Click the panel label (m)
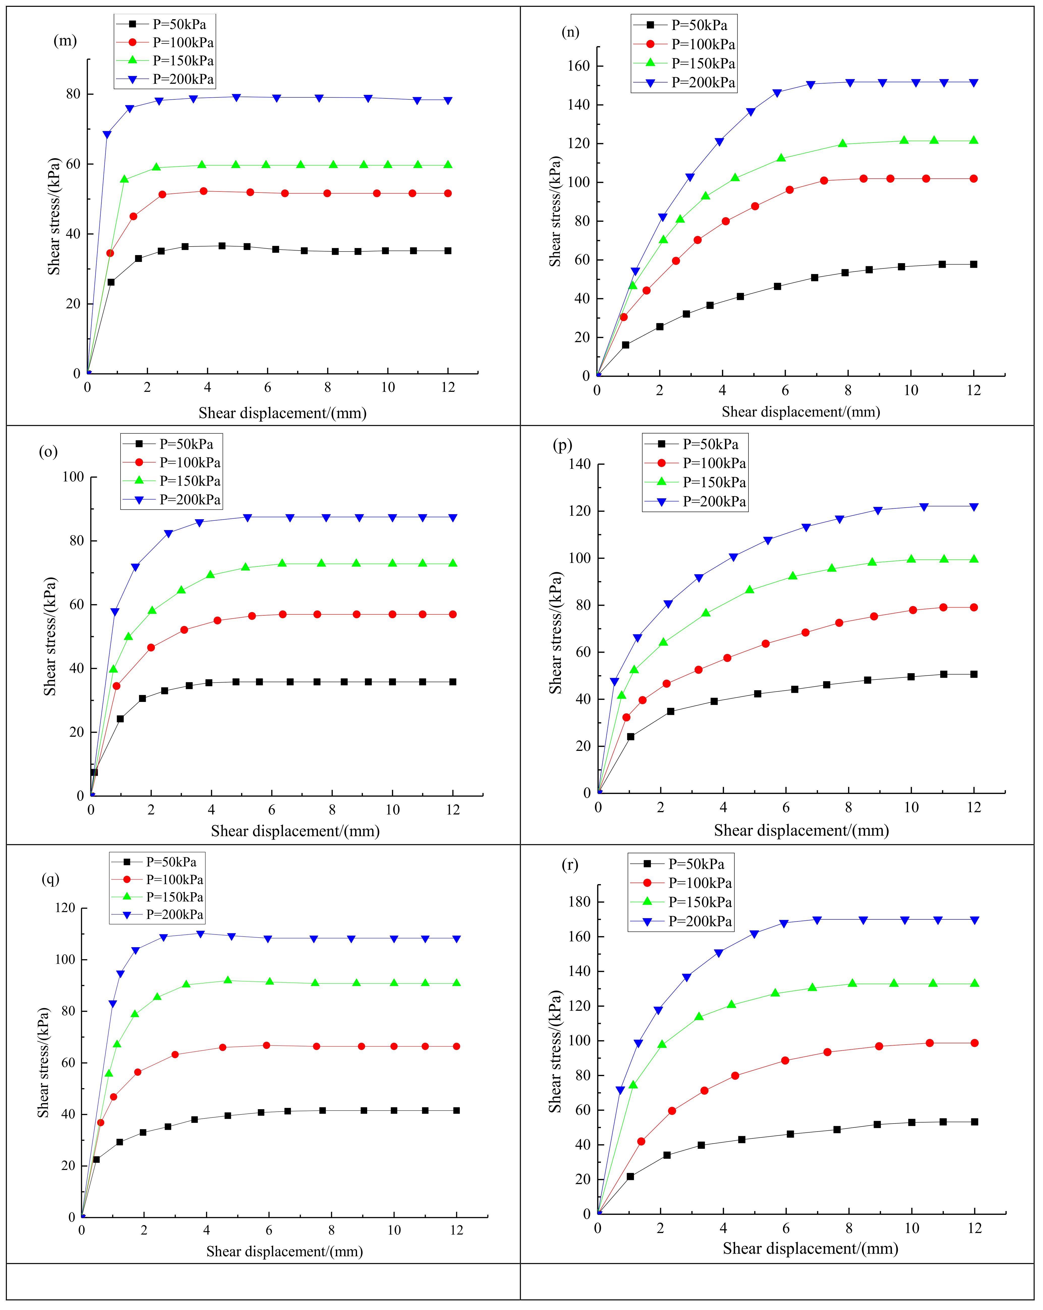click(x=65, y=41)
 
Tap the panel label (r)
click(x=569, y=865)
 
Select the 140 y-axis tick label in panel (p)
click(x=579, y=464)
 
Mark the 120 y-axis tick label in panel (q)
click(x=64, y=908)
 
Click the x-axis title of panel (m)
click(x=282, y=413)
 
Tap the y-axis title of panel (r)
click(x=555, y=1051)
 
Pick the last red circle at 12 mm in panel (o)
click(x=453, y=614)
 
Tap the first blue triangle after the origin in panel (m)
click(x=107, y=134)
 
